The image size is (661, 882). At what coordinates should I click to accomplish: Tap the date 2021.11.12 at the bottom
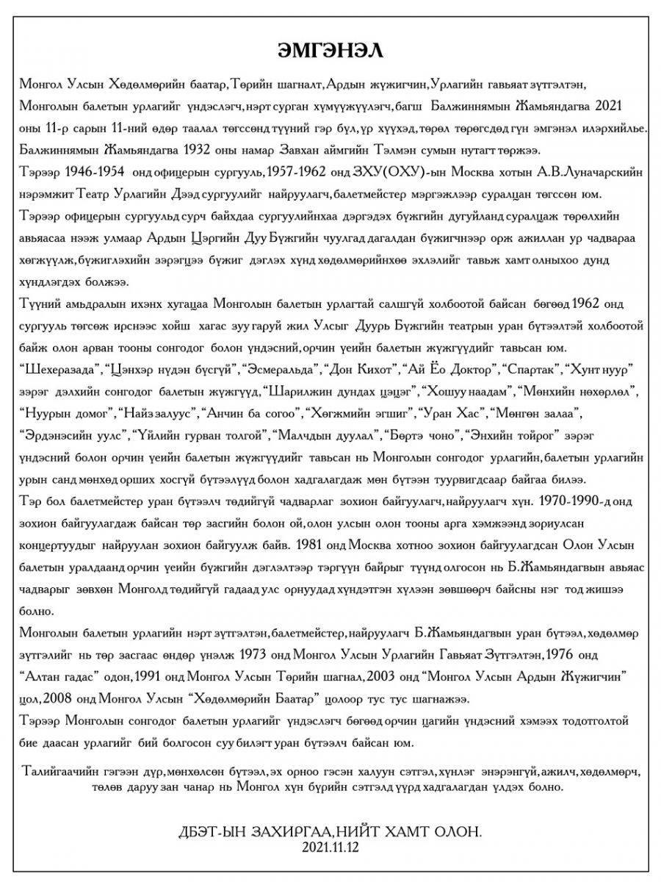pos(330,847)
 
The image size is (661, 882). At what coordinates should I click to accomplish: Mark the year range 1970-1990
pos(569,501)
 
